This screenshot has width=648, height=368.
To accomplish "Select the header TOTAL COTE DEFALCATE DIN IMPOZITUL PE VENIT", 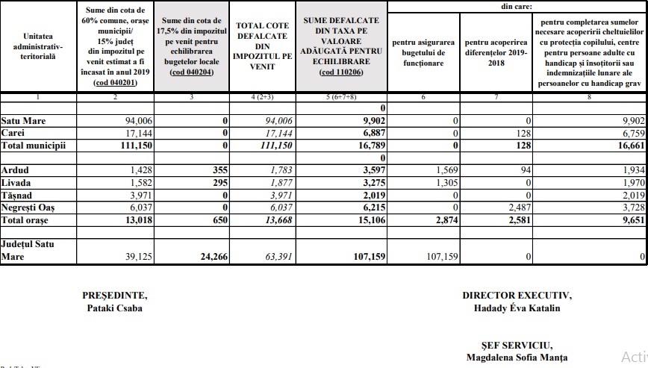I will pos(264,46).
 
